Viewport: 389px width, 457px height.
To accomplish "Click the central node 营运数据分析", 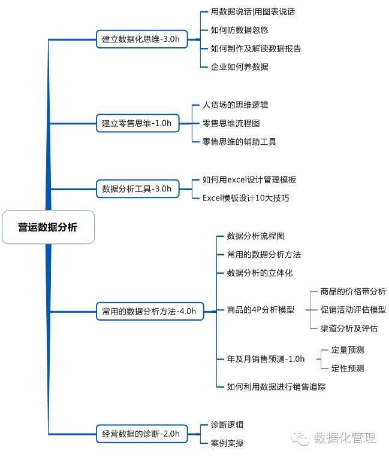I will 48,227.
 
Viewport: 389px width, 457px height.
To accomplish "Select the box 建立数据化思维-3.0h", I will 141,39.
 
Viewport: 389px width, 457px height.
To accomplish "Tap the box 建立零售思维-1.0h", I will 137,123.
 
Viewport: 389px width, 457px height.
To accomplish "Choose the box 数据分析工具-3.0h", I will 137,189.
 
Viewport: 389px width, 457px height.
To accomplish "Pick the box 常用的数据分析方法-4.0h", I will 149,311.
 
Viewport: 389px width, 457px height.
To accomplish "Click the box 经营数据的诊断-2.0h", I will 141,434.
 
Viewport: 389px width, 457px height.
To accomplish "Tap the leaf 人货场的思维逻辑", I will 235,105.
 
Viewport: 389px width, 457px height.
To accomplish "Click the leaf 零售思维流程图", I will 231,123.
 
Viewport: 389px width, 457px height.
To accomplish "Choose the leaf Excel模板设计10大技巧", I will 246,198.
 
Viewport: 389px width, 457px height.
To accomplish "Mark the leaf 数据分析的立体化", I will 260,273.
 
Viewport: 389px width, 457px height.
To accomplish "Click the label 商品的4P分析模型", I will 261,310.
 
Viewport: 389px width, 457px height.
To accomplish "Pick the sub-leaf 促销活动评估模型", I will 353,310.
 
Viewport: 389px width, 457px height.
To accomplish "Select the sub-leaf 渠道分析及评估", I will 349,328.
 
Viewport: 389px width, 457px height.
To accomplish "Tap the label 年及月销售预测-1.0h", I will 266,359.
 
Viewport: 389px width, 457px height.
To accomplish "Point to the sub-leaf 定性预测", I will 348,368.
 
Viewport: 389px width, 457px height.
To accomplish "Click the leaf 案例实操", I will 227,443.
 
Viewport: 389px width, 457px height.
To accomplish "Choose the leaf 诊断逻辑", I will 227,425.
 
